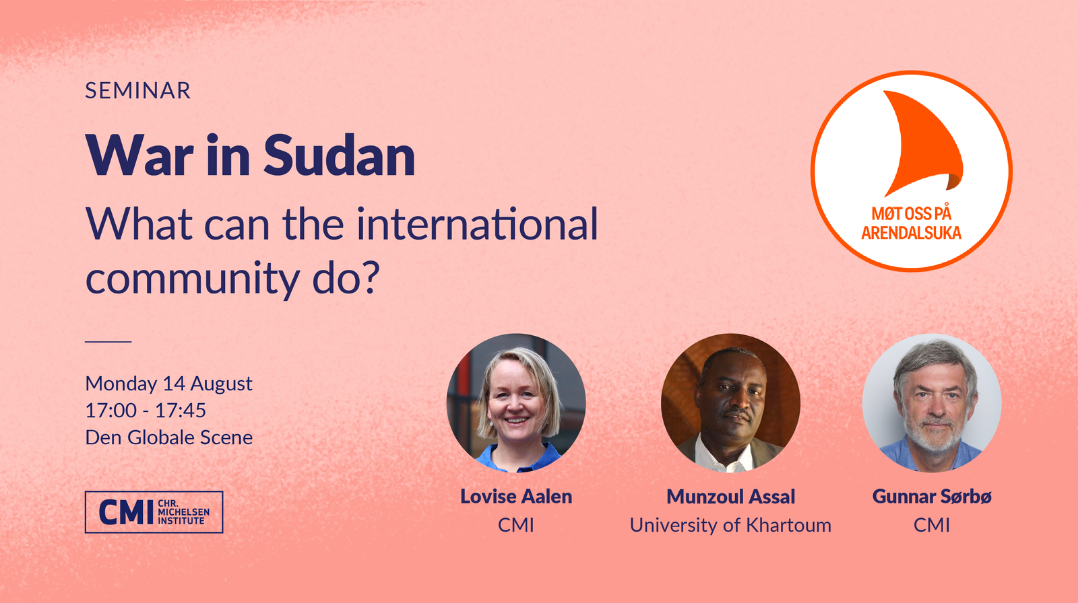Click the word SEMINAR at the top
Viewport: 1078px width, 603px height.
137,90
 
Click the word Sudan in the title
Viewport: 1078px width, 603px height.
340,155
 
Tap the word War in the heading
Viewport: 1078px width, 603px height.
139,155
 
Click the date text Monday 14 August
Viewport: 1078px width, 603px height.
168,384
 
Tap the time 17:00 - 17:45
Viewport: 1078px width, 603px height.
146,411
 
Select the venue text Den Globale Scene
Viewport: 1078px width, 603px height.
169,437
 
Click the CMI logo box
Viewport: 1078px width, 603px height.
154,512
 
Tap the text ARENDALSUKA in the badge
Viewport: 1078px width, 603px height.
911,234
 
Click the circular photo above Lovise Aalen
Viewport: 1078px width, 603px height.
516,403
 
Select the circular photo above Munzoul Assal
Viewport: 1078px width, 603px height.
730,403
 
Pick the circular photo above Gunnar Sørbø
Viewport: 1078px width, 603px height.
932,403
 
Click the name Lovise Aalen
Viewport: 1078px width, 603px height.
516,497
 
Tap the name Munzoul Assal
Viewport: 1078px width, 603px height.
730,497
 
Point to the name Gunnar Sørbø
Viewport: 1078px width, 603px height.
932,497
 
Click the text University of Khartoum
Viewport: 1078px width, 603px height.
730,525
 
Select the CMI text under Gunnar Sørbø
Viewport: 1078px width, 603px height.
932,525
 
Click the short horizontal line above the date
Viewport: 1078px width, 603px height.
108,342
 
